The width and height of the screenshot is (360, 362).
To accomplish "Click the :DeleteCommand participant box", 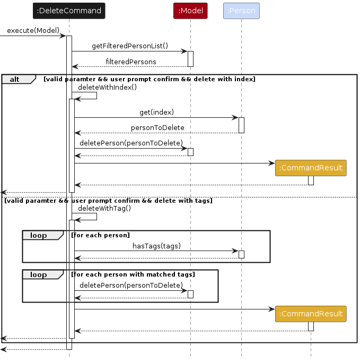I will click(69, 11).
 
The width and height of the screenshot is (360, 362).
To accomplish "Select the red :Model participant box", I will click(190, 11).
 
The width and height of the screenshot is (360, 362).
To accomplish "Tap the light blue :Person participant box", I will click(241, 11).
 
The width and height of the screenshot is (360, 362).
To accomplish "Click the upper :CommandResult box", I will click(311, 168).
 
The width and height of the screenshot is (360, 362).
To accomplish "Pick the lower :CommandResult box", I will click(311, 314).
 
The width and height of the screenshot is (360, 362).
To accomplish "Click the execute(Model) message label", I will click(33, 30).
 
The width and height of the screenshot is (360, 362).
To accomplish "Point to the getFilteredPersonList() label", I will click(130, 46).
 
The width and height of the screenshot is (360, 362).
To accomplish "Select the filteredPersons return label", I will click(131, 62).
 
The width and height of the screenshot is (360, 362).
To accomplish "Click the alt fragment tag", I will click(15, 79).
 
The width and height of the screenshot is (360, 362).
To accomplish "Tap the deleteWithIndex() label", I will click(108, 87).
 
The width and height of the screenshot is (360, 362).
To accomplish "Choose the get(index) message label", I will click(156, 112).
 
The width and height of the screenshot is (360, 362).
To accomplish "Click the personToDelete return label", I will click(157, 128).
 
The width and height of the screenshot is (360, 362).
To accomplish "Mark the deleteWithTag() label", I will click(104, 209).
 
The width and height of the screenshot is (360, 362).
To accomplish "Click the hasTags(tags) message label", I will click(156, 245).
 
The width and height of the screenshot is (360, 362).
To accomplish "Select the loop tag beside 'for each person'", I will click(38, 235).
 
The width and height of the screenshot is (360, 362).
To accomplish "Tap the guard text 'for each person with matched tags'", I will click(133, 274).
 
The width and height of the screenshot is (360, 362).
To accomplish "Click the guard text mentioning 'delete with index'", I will click(150, 79).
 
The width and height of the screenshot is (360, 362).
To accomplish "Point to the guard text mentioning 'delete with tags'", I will click(109, 201).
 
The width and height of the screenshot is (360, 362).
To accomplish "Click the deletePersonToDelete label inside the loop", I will click(131, 285).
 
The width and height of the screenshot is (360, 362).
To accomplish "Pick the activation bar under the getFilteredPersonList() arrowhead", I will click(190, 58).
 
